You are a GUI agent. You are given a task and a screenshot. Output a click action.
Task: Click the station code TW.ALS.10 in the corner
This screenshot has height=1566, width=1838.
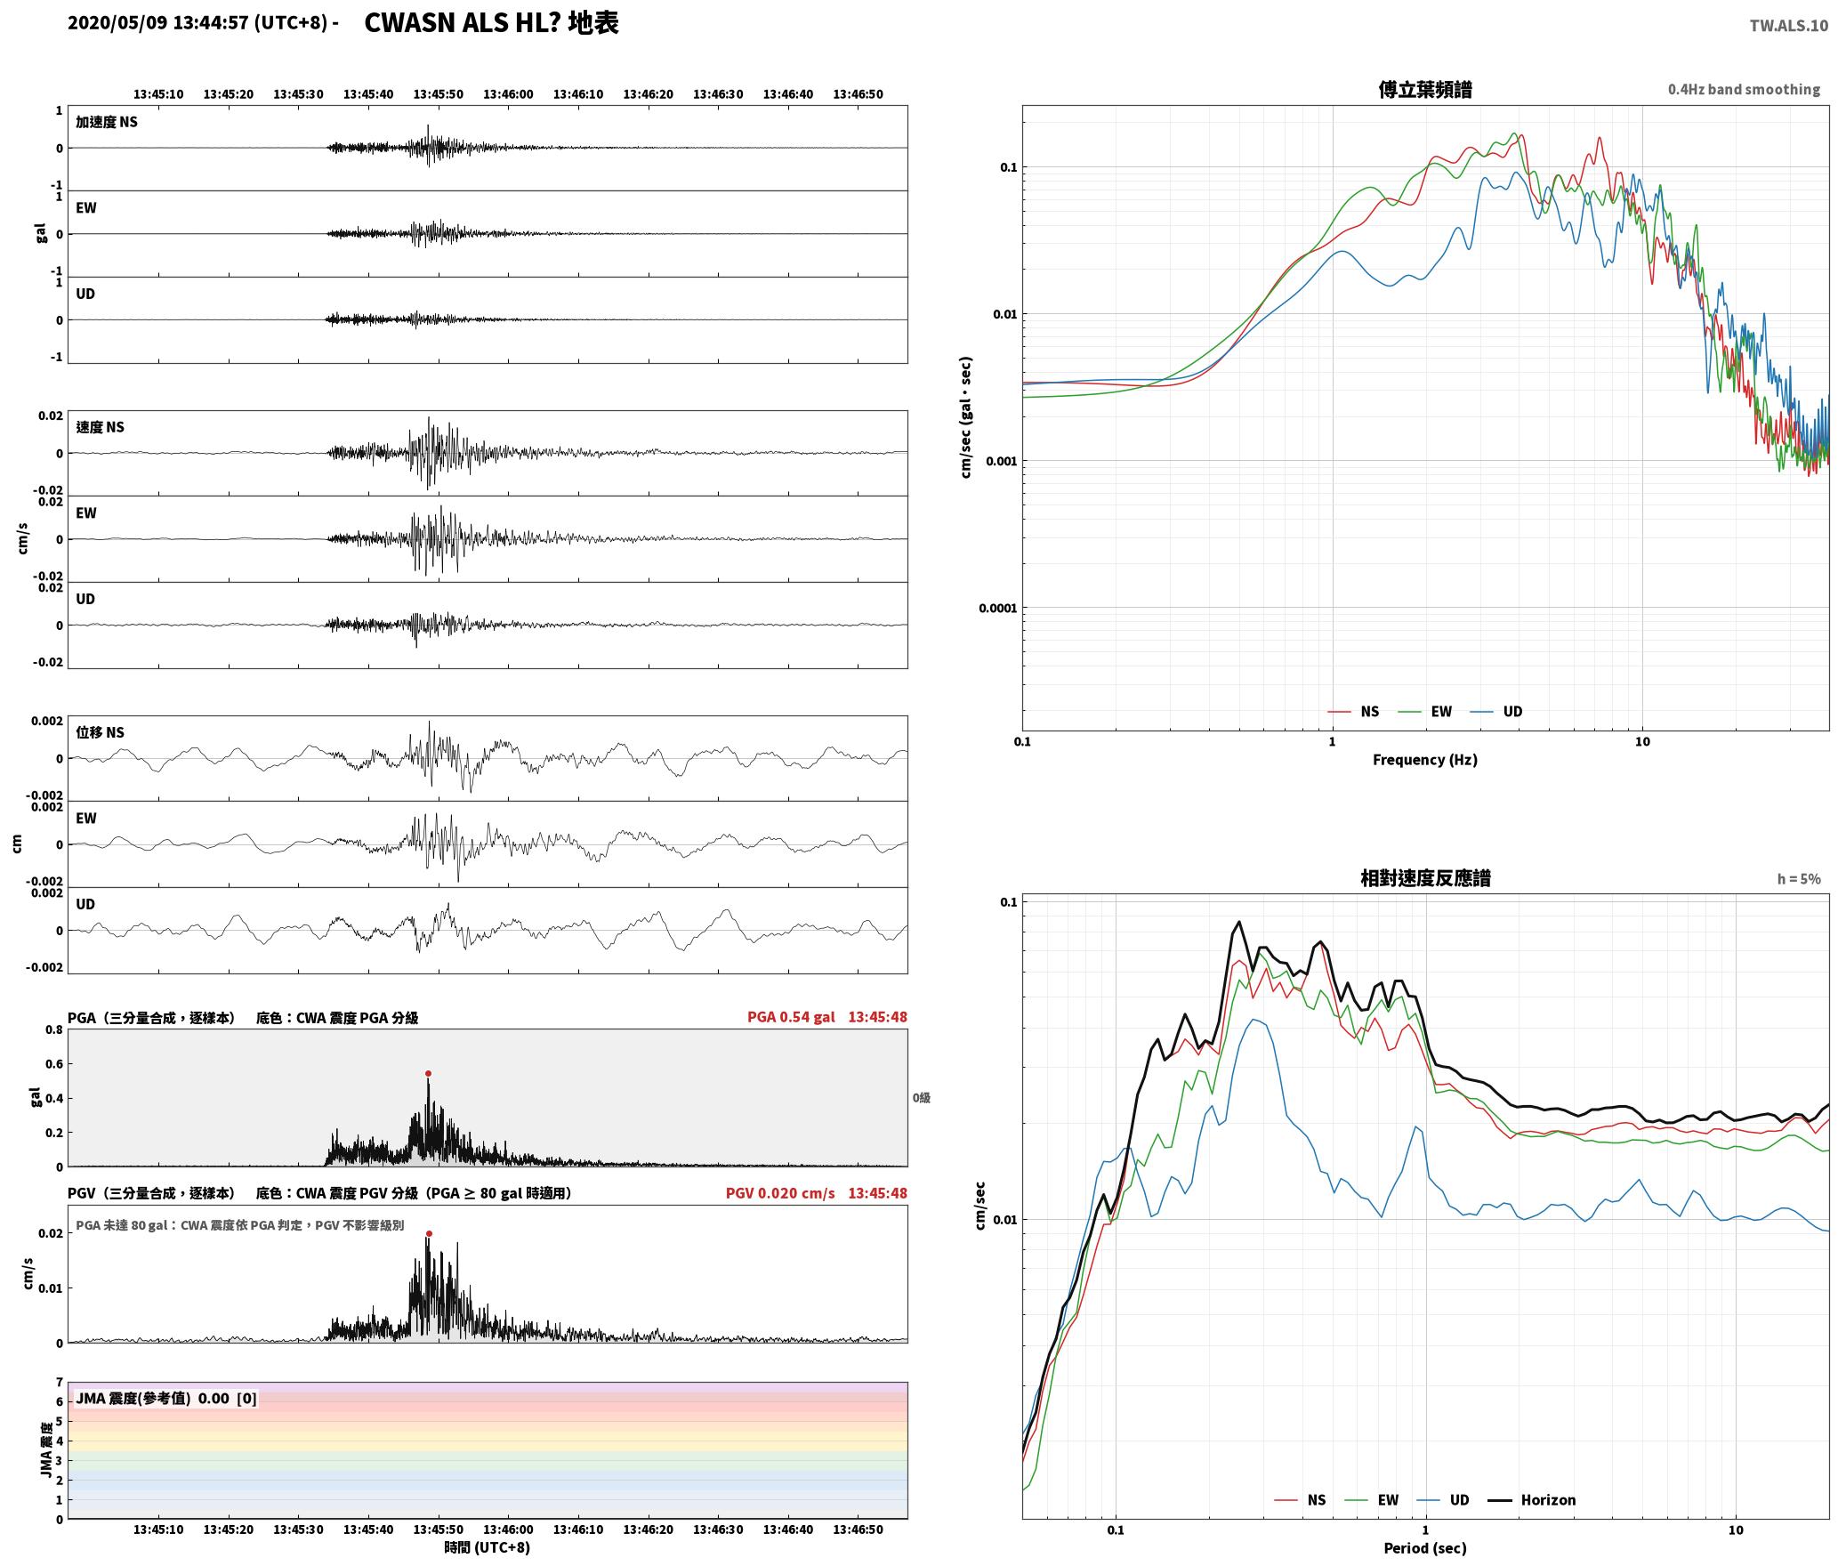point(1788,26)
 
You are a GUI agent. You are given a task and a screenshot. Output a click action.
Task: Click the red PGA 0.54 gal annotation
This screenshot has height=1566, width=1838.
point(791,1017)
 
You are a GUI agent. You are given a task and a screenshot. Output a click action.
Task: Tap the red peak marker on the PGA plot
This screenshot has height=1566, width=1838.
point(428,1074)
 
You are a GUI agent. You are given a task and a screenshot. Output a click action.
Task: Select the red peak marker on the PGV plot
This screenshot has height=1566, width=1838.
point(429,1234)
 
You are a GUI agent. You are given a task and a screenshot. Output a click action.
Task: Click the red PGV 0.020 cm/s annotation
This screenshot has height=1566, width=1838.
point(780,1193)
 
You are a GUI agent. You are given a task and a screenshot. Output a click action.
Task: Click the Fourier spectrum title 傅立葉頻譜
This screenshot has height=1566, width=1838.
point(1425,90)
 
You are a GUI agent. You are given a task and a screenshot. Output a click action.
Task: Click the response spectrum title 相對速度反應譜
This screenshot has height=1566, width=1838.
point(1425,878)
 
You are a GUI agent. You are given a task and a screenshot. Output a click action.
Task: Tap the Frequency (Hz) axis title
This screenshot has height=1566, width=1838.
point(1425,760)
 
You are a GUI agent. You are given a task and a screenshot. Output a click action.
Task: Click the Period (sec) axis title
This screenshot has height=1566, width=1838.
point(1425,1548)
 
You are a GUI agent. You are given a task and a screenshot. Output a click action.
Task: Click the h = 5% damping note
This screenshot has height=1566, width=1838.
point(1799,879)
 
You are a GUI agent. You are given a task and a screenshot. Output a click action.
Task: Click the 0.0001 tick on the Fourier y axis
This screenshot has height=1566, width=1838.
point(997,609)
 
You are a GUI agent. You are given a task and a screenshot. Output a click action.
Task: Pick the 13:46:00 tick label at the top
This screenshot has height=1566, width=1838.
point(508,94)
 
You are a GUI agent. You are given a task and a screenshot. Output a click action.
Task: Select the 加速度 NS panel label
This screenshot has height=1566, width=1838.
point(107,123)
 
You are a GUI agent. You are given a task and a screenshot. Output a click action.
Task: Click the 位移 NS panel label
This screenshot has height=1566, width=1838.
point(101,733)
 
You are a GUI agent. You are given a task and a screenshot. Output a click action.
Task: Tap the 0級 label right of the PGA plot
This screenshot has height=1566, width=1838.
point(922,1098)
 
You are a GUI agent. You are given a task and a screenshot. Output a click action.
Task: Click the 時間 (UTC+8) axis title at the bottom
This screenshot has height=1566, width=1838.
point(488,1548)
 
